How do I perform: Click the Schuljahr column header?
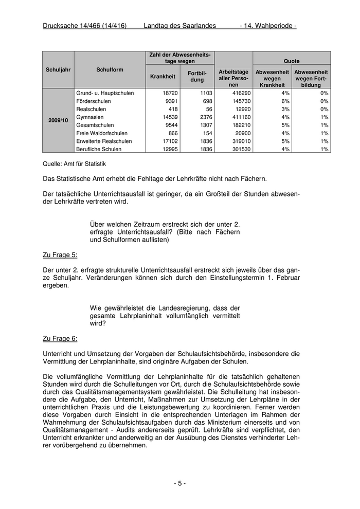click(58, 69)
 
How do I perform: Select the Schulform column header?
click(110, 69)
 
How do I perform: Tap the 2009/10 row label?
click(58, 120)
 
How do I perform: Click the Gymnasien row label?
click(90, 117)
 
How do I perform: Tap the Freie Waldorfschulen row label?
click(102, 133)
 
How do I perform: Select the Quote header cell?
click(292, 61)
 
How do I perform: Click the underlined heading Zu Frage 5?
click(60, 254)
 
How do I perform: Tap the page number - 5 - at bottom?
click(179, 483)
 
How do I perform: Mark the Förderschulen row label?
click(94, 101)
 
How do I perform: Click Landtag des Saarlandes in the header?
click(179, 26)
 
